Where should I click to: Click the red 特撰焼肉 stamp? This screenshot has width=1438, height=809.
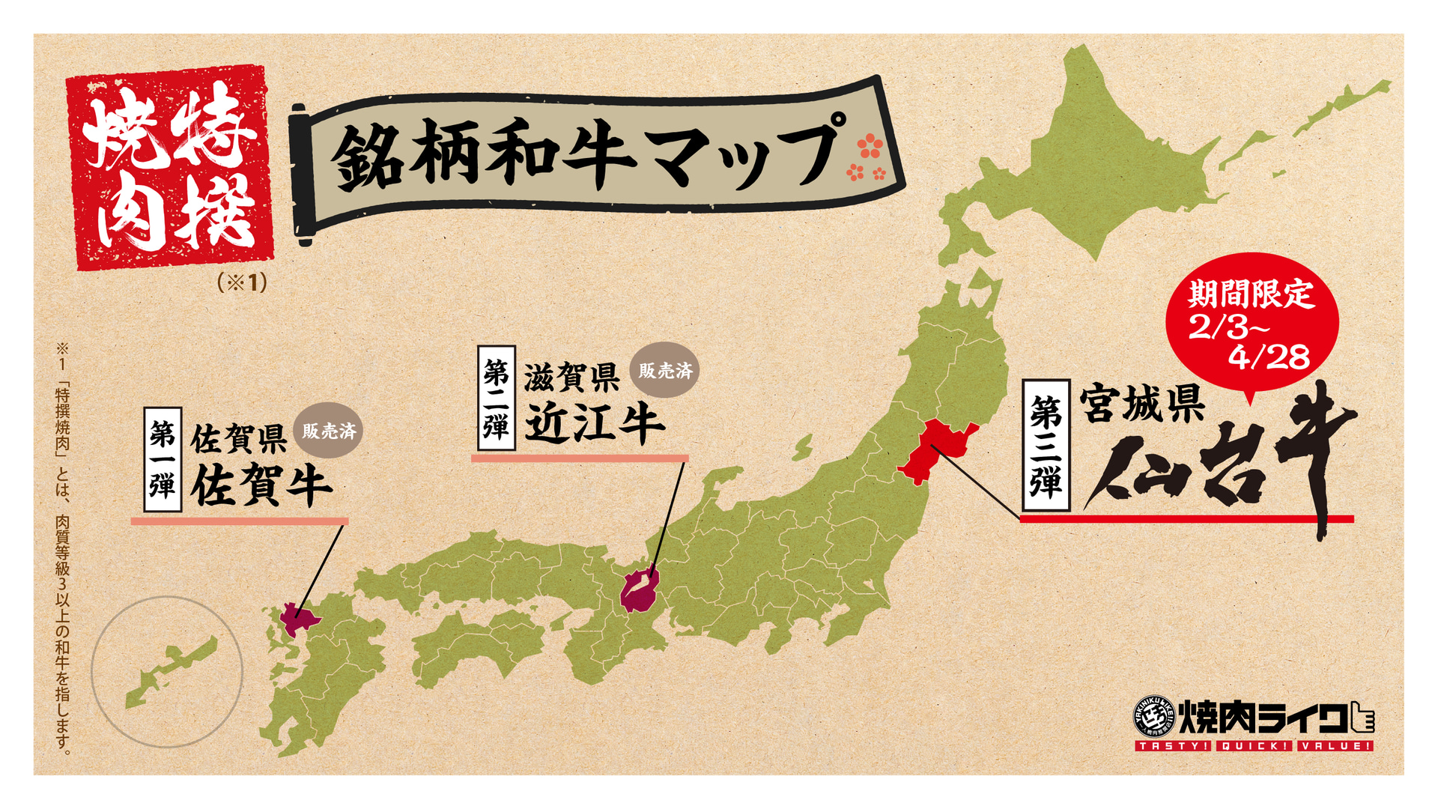[171, 166]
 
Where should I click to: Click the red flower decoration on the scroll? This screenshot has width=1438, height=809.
[868, 157]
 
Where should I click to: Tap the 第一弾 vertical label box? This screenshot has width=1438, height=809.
[163, 459]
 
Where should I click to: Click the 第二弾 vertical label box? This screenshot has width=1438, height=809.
[496, 397]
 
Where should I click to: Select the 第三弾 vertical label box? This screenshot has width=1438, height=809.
[1045, 445]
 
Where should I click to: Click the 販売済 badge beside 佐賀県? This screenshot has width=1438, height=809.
[329, 431]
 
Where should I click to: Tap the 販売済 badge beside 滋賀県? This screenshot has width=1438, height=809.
[664, 370]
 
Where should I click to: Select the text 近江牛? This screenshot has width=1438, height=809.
[594, 424]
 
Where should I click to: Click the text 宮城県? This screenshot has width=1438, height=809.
[1142, 404]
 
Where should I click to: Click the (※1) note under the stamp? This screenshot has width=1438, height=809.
[242, 282]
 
